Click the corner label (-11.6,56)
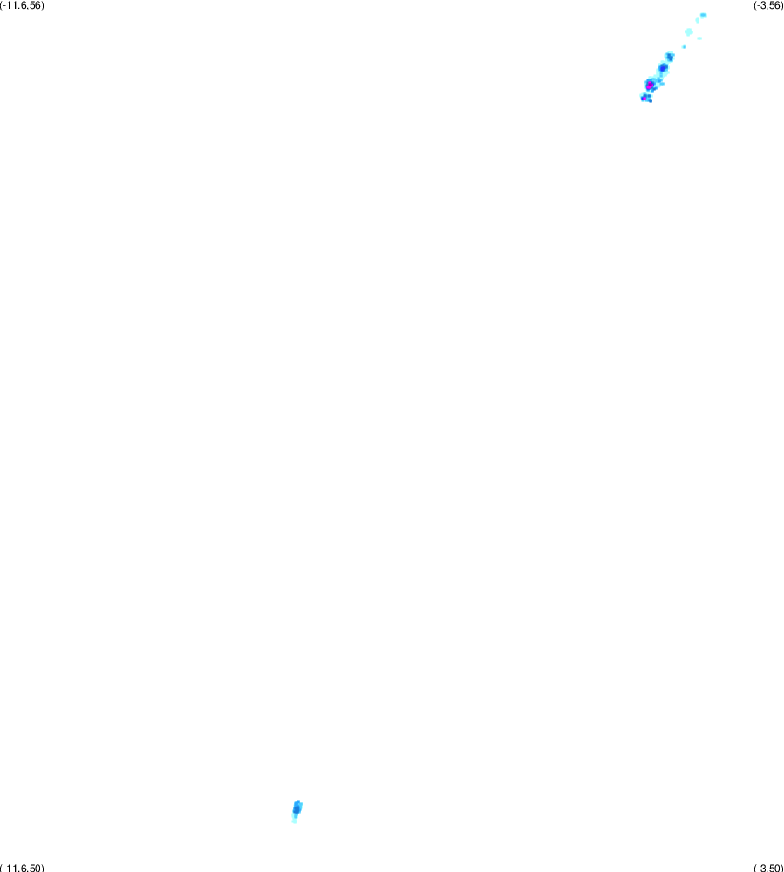(x=22, y=5)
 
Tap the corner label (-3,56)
(x=768, y=5)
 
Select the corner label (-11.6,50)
(x=22, y=868)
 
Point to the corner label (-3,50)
(x=768, y=868)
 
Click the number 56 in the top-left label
(x=35, y=5)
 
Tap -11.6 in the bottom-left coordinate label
(x=15, y=868)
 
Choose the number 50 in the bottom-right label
(x=774, y=868)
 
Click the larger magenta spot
(x=650, y=85)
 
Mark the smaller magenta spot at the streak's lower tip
(x=644, y=99)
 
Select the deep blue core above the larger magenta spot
(x=663, y=68)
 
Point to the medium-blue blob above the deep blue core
(x=670, y=57)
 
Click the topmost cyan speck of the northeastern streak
(x=704, y=15)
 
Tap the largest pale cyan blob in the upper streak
(x=689, y=31)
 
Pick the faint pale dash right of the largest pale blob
(x=699, y=38)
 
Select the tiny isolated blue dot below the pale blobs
(x=685, y=47)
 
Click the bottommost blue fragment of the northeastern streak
(x=650, y=100)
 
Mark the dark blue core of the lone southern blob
(x=297, y=810)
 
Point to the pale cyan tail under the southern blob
(x=294, y=819)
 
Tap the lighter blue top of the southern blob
(x=298, y=804)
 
